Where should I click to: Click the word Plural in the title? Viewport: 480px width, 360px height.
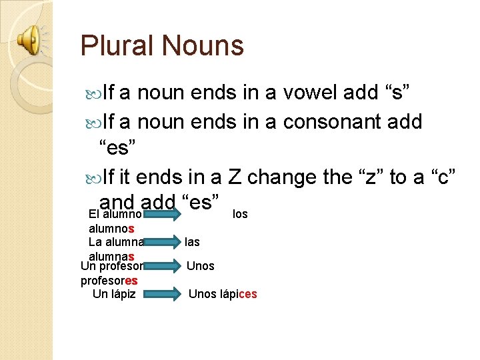tap(116, 45)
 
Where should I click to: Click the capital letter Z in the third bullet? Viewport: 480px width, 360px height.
tap(233, 177)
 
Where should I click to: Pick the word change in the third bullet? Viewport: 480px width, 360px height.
tap(291, 177)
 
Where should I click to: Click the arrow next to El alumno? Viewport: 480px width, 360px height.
tap(163, 214)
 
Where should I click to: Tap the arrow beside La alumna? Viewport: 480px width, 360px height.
tap(163, 242)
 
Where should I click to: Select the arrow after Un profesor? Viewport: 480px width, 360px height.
tap(163, 266)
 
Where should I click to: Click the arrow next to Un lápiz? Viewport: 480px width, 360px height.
tap(163, 294)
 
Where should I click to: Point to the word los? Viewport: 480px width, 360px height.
tap(240, 214)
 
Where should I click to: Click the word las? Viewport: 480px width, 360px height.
tap(193, 242)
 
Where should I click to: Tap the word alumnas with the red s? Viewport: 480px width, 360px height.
tap(111, 257)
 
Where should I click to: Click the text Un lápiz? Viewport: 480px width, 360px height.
tap(114, 294)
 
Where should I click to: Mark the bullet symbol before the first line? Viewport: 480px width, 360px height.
tap(91, 93)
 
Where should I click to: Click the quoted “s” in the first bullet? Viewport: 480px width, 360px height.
tap(400, 93)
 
